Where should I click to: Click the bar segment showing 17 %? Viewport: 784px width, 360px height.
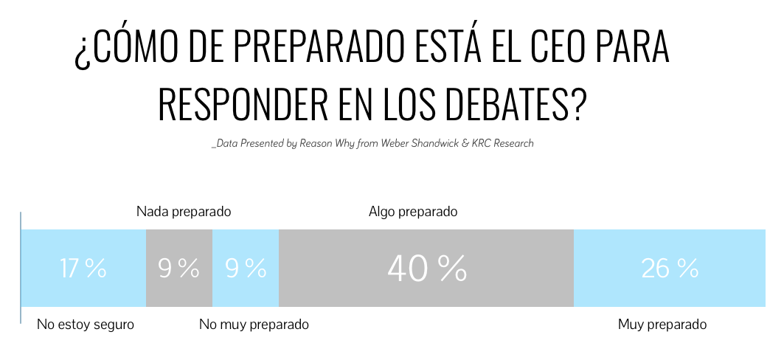coord(83,269)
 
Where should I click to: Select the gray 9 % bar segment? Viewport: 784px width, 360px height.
coord(179,269)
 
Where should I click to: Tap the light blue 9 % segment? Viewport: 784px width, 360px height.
coord(246,269)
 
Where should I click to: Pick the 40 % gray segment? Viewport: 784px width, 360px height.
coord(426,269)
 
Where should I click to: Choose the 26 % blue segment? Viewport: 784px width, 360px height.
coord(670,269)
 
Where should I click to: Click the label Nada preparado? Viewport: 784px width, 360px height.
coord(184,212)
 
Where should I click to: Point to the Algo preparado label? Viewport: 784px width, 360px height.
coord(413,212)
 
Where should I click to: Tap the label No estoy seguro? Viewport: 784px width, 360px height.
coord(86,325)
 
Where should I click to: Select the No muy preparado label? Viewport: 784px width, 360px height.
coord(254,325)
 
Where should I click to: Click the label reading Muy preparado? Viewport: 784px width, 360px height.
coord(662,325)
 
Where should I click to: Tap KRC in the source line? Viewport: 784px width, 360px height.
coord(482,144)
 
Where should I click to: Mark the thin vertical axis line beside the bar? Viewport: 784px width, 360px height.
coord(20,267)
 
